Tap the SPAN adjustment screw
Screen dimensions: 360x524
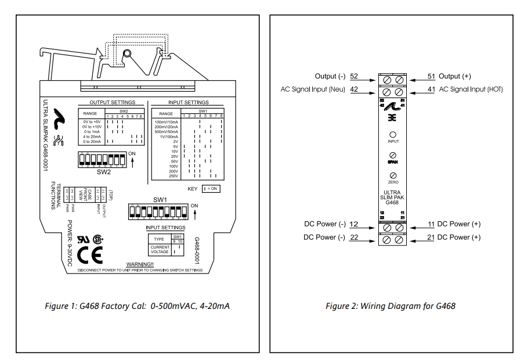393,155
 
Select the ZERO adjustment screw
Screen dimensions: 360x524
393,175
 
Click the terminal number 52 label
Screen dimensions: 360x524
354,76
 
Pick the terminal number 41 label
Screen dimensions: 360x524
431,89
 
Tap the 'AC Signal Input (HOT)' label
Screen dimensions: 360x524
471,89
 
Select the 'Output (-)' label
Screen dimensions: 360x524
330,76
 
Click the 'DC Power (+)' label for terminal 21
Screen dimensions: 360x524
458,237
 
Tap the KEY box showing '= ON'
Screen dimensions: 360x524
211,189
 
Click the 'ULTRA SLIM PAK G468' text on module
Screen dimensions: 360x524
393,198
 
